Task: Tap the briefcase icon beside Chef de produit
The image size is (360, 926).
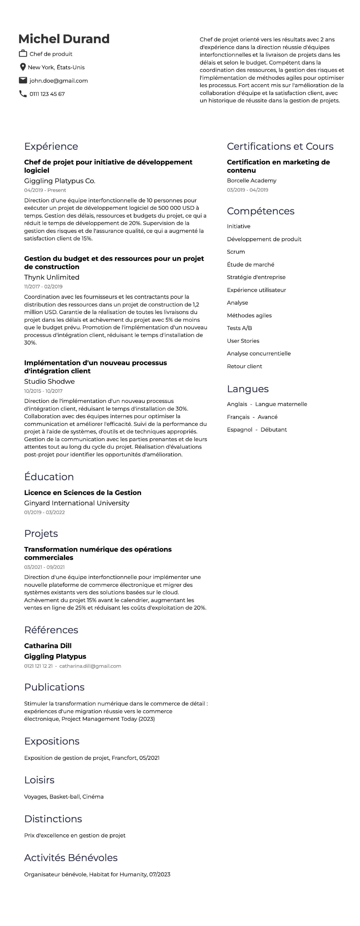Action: pos(23,54)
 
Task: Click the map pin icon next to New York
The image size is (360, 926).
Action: pos(23,67)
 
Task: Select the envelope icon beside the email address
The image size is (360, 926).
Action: pos(23,80)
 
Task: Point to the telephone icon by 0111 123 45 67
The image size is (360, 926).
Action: pos(23,94)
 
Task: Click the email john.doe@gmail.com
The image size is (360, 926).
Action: pos(59,80)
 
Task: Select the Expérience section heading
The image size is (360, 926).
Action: pos(51,146)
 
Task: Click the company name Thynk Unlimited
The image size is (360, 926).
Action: pos(52,277)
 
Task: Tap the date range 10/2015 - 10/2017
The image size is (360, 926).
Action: pos(43,391)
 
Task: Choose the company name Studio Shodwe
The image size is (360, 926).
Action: pos(49,381)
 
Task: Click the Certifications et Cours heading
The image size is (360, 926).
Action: pos(280,146)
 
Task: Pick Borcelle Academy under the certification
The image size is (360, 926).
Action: pos(252,180)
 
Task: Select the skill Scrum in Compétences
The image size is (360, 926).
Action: pos(236,252)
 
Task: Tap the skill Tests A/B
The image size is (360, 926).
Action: pos(239,328)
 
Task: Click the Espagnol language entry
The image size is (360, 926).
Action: pos(239,430)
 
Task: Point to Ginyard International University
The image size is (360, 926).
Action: pos(76,503)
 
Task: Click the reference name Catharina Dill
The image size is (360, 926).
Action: pos(48,646)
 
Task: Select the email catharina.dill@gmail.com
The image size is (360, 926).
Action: pos(90,666)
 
